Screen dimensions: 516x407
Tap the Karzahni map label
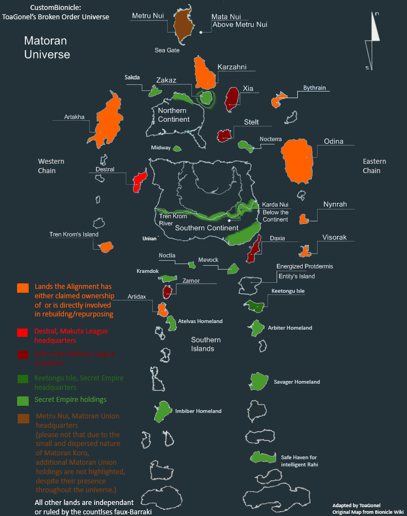(232, 67)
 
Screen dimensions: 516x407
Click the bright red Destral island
(140, 180)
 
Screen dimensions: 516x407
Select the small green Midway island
(177, 148)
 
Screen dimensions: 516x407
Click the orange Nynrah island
(303, 219)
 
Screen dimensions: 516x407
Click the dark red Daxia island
(254, 250)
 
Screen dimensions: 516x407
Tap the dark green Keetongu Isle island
(255, 306)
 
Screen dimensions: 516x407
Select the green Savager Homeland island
(258, 381)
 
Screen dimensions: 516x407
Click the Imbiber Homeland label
(199, 411)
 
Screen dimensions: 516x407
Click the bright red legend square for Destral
(23, 332)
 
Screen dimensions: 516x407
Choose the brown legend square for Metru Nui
(23, 418)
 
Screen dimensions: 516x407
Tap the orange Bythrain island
(279, 100)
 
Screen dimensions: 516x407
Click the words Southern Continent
(207, 228)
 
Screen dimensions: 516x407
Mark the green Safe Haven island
(263, 457)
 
